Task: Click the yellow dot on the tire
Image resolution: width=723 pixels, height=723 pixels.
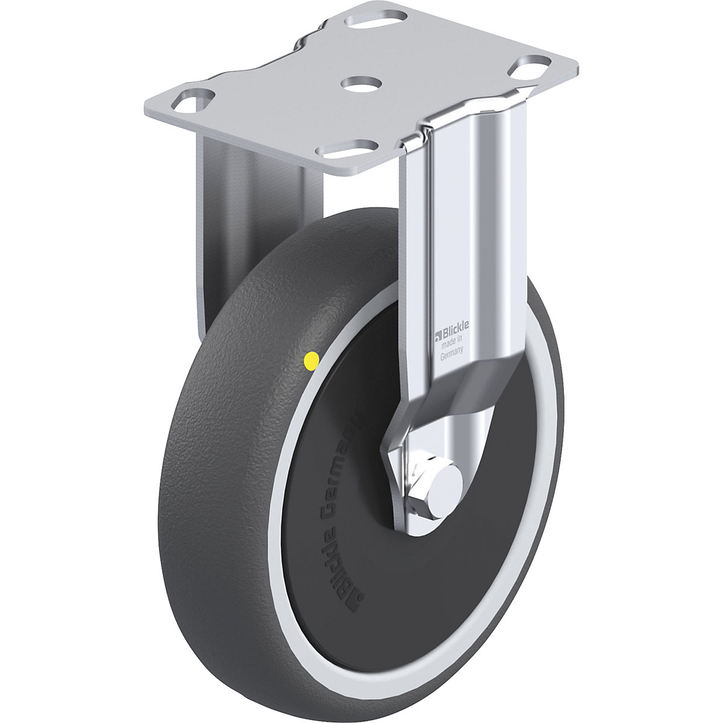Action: tap(311, 361)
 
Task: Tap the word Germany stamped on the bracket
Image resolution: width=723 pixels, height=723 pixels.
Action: tap(451, 355)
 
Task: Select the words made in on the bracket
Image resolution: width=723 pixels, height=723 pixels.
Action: tap(452, 344)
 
